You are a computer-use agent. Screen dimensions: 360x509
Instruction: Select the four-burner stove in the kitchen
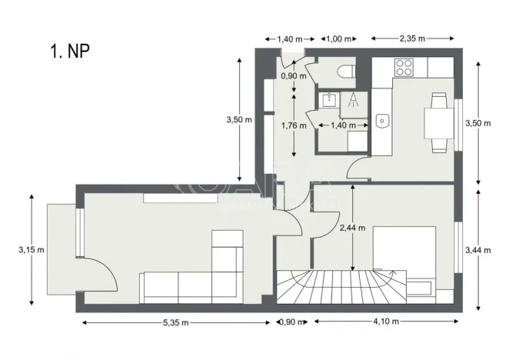click(404, 67)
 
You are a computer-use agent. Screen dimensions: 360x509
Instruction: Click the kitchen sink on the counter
click(382, 121)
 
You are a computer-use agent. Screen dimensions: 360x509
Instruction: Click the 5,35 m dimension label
click(177, 322)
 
